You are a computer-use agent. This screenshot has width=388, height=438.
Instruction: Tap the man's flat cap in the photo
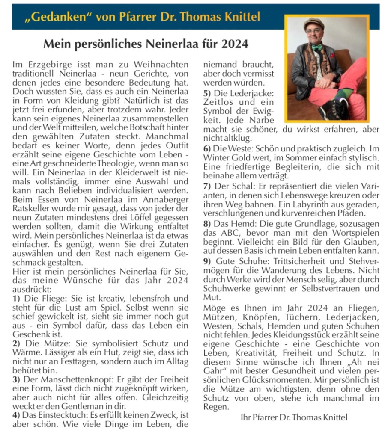pos(313,24)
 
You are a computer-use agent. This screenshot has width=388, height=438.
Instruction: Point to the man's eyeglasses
pos(313,31)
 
